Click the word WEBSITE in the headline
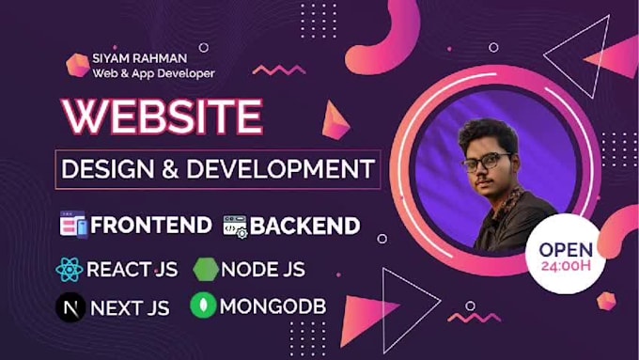pyautogui.click(x=162, y=117)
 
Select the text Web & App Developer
pyautogui.click(x=153, y=72)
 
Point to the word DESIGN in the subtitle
pyautogui.click(x=107, y=170)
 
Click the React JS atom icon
pyautogui.click(x=70, y=270)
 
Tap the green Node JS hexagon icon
pyautogui.click(x=206, y=270)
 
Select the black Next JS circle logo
pyautogui.click(x=70, y=306)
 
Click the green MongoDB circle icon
pyautogui.click(x=204, y=306)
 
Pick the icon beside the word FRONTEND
pyautogui.click(x=72, y=226)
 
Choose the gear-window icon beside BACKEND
pyautogui.click(x=234, y=226)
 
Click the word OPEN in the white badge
pyautogui.click(x=565, y=249)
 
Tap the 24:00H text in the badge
pyautogui.click(x=565, y=266)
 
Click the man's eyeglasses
pyautogui.click(x=486, y=162)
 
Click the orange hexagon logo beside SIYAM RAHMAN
pyautogui.click(x=77, y=64)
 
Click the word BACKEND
pyautogui.click(x=304, y=226)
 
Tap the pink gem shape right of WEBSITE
pyautogui.click(x=335, y=121)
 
